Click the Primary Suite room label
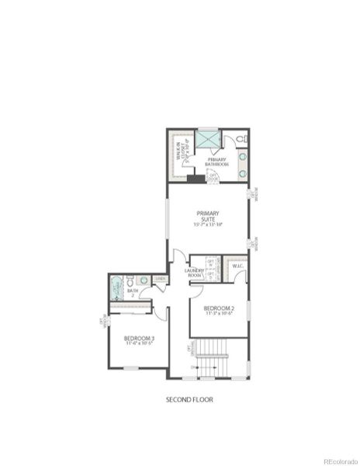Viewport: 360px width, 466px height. coord(208,215)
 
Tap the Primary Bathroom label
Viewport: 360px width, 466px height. coord(216,162)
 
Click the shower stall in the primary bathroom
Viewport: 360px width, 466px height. coord(206,139)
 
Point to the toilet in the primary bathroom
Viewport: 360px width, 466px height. coord(241,139)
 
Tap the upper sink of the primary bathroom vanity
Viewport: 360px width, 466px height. coord(242,155)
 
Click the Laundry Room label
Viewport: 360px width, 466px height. coord(194,273)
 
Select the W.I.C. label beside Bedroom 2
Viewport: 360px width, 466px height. coord(237,267)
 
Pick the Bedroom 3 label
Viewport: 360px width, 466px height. coord(139,338)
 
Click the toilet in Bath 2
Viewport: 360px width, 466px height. coord(130,281)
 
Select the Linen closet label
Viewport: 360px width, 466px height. coord(160,279)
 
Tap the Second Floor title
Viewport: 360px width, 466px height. coord(189,400)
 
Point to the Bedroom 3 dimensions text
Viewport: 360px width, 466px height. coord(139,344)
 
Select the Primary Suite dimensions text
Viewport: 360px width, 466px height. coord(208,224)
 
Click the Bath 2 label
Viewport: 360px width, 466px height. coord(132,293)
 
